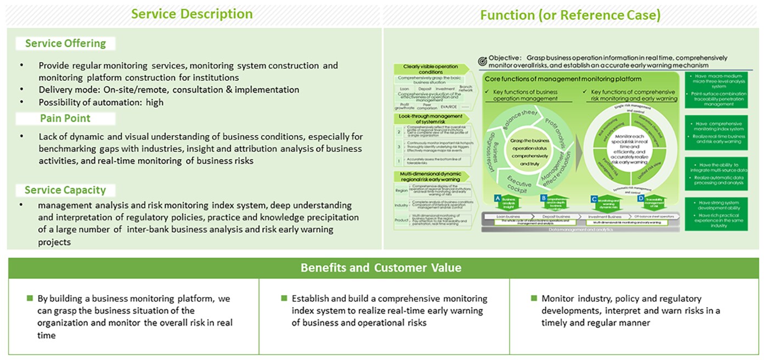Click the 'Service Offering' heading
click(66, 43)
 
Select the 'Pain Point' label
click(65, 118)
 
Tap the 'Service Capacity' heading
click(65, 190)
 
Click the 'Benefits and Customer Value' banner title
click(381, 268)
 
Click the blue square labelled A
click(497, 198)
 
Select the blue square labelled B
click(543, 198)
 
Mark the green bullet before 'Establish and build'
click(284, 298)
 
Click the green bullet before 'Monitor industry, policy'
click(534, 298)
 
